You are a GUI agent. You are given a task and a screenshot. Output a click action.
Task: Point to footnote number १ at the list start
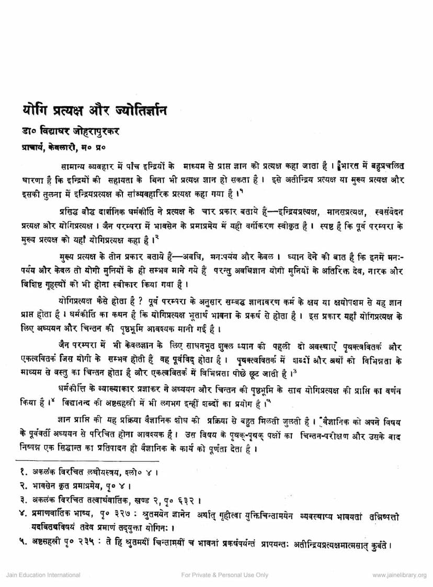click(19, 473)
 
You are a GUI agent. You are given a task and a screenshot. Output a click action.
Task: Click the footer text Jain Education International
click(39, 575)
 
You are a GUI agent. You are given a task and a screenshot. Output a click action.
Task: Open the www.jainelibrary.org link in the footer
click(399, 575)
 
